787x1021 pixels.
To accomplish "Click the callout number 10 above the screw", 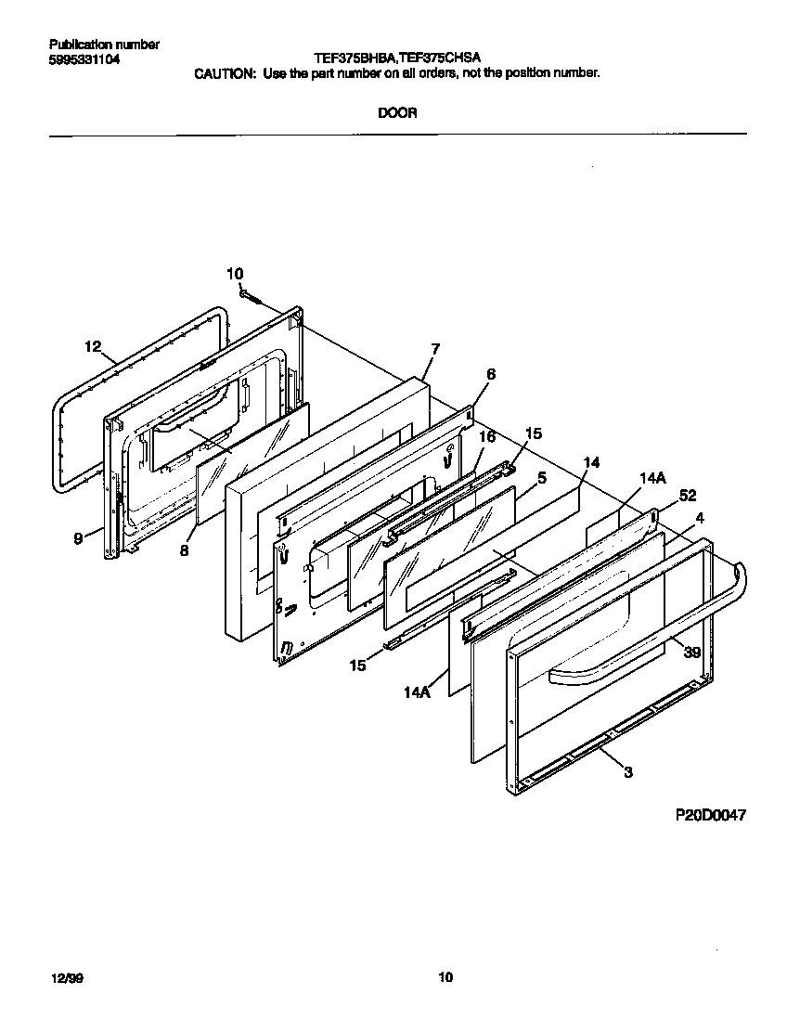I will click(235, 273).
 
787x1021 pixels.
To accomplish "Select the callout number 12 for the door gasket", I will click(92, 347).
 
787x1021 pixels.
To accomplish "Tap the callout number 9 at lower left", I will click(79, 536).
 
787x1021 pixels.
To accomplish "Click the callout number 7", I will click(434, 348).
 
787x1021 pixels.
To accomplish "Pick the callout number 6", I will click(490, 374).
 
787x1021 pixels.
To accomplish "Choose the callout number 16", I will click(486, 436).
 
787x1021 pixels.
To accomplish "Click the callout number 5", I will click(542, 478).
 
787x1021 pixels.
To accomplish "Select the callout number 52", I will click(688, 495).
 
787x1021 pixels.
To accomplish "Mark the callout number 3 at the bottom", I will click(628, 771).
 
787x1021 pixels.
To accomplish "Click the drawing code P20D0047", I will click(710, 815).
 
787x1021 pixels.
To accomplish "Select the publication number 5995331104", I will click(84, 59).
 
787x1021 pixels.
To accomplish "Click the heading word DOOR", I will click(396, 113).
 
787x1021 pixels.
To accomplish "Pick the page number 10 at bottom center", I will click(445, 976).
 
